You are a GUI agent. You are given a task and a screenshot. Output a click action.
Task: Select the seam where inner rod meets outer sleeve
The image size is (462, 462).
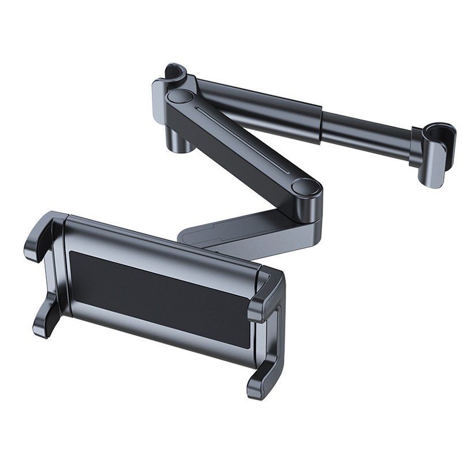tap(319, 121)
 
